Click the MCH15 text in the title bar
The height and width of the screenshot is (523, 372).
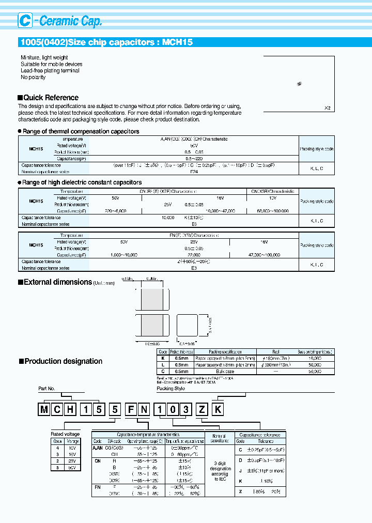coord(178,42)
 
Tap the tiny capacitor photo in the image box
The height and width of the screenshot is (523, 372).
coord(300,83)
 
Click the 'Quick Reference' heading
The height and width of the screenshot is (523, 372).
coord(51,98)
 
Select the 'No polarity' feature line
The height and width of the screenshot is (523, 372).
coord(33,78)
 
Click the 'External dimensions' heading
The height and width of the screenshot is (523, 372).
coord(57,282)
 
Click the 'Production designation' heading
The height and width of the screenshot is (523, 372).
coord(63,361)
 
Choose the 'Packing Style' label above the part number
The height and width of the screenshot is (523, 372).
coord(171,388)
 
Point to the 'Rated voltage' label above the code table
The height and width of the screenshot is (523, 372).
coord(65,434)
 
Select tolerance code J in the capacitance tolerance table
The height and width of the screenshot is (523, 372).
coord(240,470)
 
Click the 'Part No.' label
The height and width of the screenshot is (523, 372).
coord(47,388)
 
